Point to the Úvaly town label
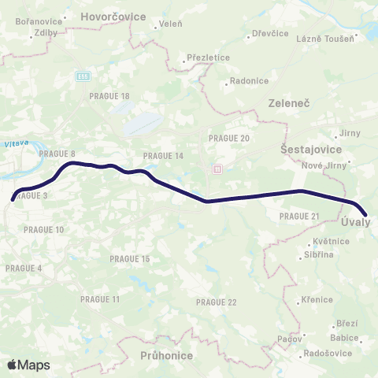click(359, 224)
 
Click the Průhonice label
click(166, 355)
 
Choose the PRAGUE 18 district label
click(110, 96)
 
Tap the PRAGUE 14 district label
click(163, 156)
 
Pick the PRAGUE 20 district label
click(229, 138)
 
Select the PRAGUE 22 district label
click(216, 302)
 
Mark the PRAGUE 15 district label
click(130, 258)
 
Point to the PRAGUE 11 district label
click(100, 299)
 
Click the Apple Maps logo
click(28, 365)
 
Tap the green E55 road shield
click(83, 76)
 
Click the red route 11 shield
click(217, 169)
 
